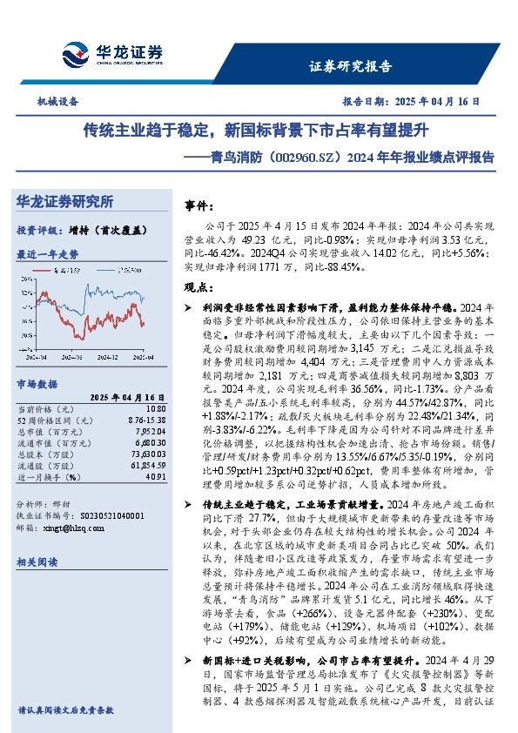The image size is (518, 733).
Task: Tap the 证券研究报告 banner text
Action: [351, 66]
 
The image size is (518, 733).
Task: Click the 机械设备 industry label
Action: [58, 102]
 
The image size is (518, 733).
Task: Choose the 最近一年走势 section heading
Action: [47, 254]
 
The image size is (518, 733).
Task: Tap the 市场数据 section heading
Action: [37, 383]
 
